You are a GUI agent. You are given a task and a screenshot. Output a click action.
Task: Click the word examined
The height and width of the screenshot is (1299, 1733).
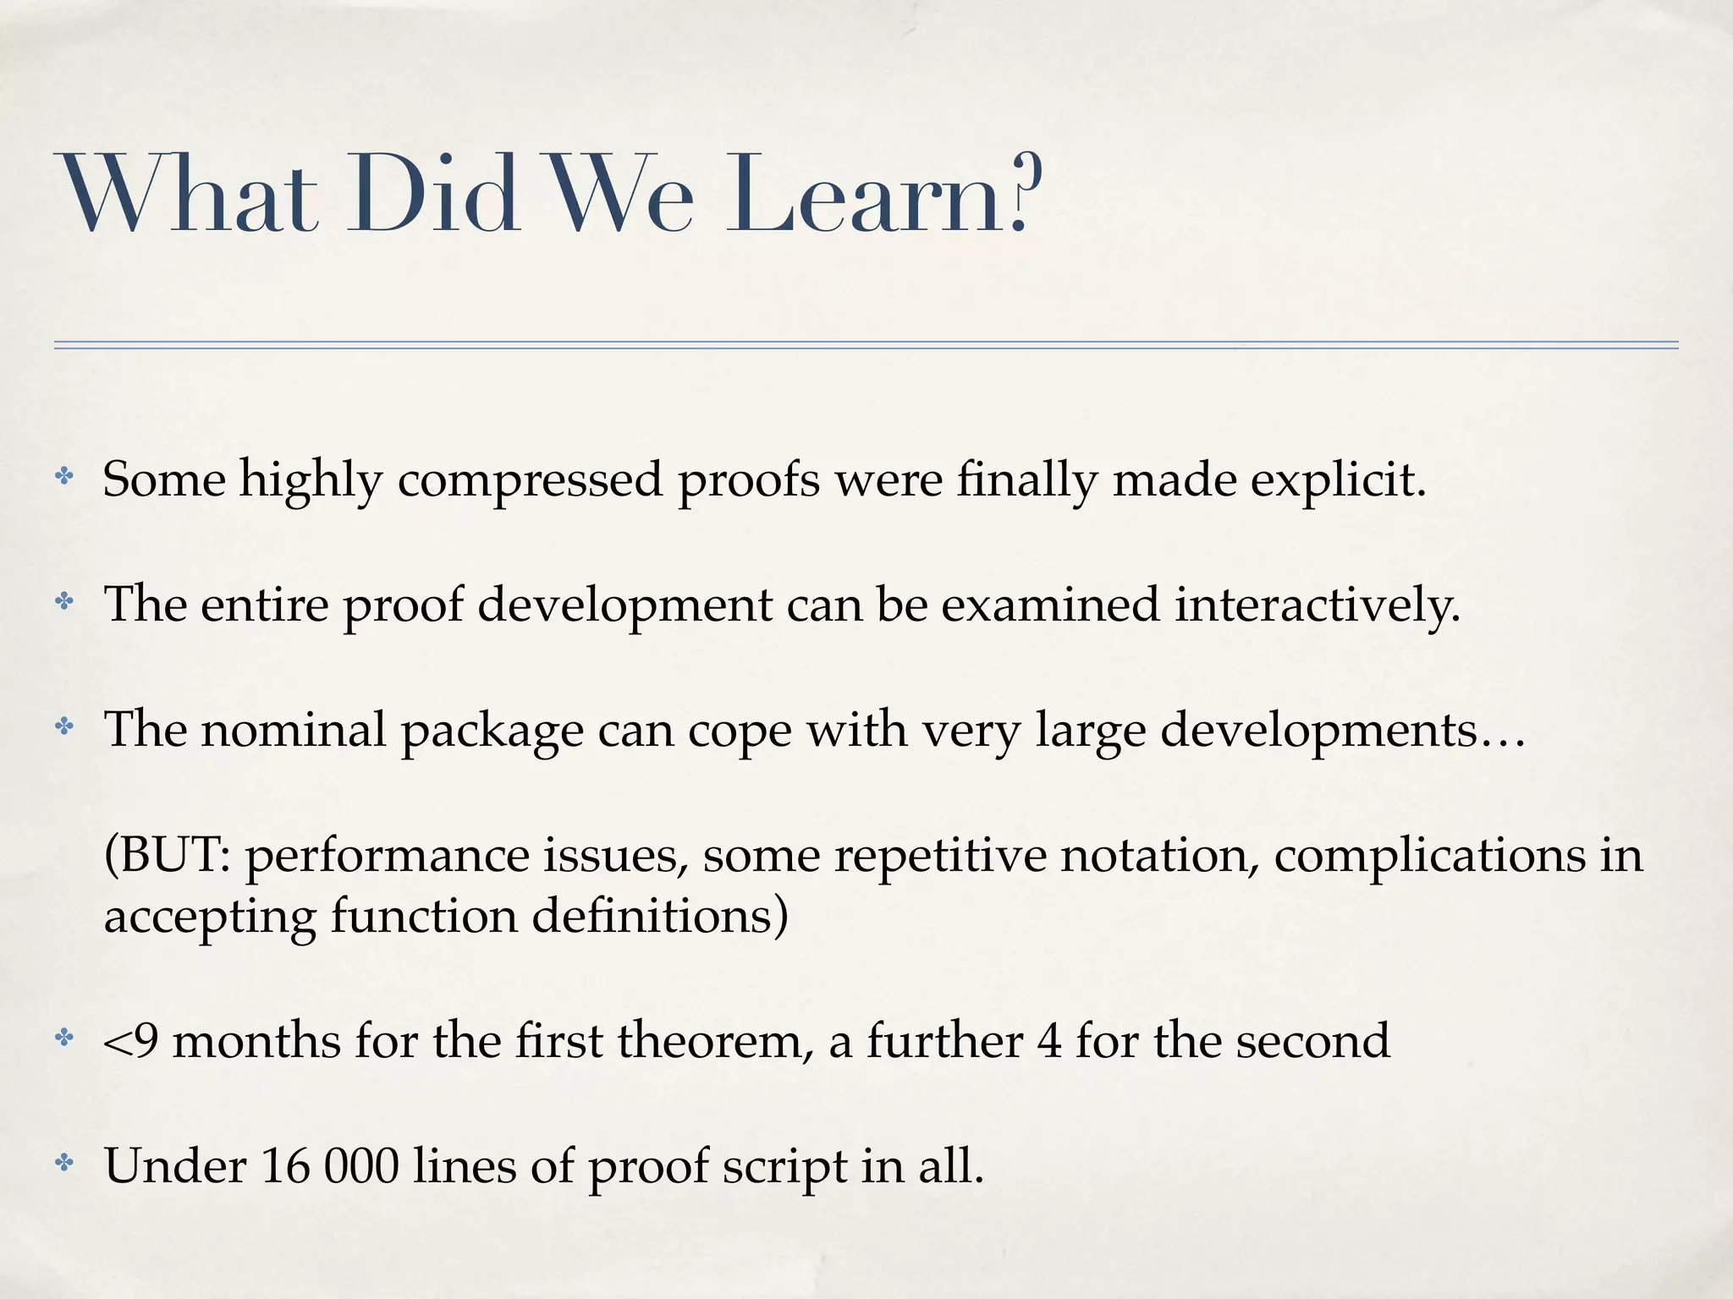point(1049,606)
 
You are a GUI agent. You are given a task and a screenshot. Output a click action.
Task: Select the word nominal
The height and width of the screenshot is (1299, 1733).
point(293,730)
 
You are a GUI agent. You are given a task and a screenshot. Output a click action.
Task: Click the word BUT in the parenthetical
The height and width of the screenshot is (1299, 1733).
point(173,855)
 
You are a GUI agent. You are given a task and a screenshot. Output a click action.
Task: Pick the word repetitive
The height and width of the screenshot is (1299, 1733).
point(940,857)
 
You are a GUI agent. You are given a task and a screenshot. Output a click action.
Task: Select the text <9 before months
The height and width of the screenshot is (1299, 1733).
point(131,1041)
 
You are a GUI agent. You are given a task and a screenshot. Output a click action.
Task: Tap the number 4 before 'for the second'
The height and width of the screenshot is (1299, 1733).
point(1048,1041)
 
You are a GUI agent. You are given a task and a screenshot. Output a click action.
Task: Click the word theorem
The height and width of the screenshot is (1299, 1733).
point(710,1041)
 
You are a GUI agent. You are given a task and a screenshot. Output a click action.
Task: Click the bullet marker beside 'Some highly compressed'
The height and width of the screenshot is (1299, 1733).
point(64,477)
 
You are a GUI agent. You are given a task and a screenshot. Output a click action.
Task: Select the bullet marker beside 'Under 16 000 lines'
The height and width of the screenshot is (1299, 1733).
point(64,1163)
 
